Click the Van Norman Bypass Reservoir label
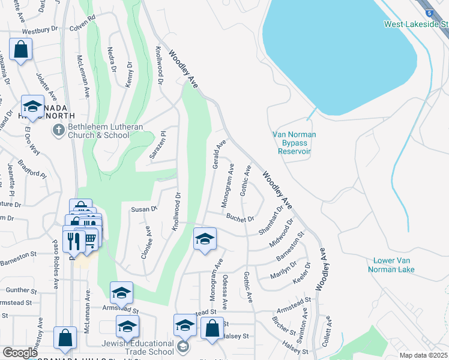tap(294, 143)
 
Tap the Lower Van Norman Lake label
tap(402, 265)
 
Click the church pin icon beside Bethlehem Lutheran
tap(58, 130)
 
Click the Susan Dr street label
tap(144, 209)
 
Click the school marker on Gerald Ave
tap(205, 239)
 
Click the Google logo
tap(20, 353)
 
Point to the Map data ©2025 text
tap(423, 355)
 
